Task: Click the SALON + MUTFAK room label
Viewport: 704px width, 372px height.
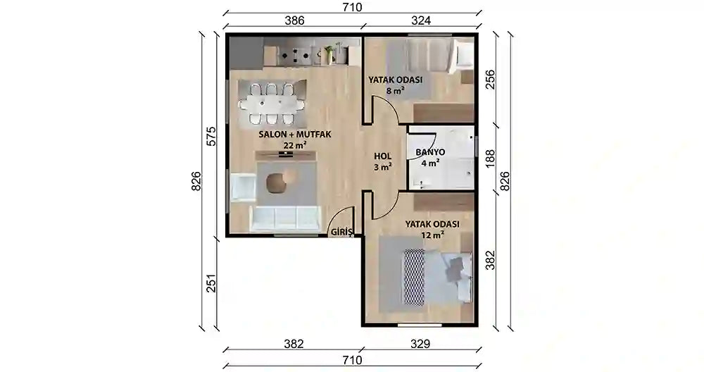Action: pyautogui.click(x=295, y=133)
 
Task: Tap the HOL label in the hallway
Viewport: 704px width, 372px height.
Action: pyautogui.click(x=382, y=156)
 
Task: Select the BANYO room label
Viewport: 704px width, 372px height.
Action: pyautogui.click(x=429, y=151)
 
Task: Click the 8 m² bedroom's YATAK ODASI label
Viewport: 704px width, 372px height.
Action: pyautogui.click(x=395, y=80)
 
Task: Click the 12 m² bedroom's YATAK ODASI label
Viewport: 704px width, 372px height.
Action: pyautogui.click(x=432, y=224)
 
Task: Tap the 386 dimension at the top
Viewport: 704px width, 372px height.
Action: pyautogui.click(x=294, y=20)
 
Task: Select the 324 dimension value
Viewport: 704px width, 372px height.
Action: pyautogui.click(x=420, y=20)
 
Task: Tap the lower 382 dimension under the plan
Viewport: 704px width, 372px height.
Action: pyautogui.click(x=294, y=345)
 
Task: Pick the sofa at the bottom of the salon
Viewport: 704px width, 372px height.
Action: pyautogui.click(x=284, y=218)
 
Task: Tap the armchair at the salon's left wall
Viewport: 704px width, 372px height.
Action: pyautogui.click(x=241, y=189)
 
